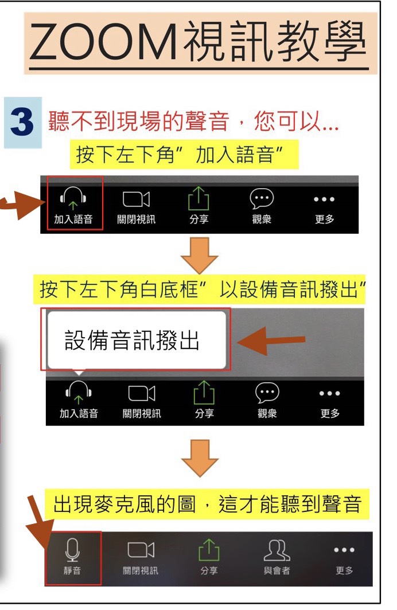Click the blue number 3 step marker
click(x=22, y=122)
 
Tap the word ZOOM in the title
click(x=103, y=42)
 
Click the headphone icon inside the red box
click(x=73, y=198)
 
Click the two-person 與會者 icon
click(x=277, y=550)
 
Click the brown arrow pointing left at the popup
click(x=271, y=341)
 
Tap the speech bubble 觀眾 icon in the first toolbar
click(x=262, y=199)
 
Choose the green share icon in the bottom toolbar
click(x=209, y=550)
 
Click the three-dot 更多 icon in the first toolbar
click(x=324, y=199)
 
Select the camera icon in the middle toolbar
click(x=142, y=393)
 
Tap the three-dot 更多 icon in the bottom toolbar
click(x=344, y=550)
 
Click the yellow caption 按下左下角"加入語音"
click(x=184, y=155)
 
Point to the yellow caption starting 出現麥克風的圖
click(x=207, y=504)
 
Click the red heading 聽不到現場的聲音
click(x=138, y=121)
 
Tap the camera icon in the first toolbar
click(x=136, y=199)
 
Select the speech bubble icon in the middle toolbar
click(x=267, y=393)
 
